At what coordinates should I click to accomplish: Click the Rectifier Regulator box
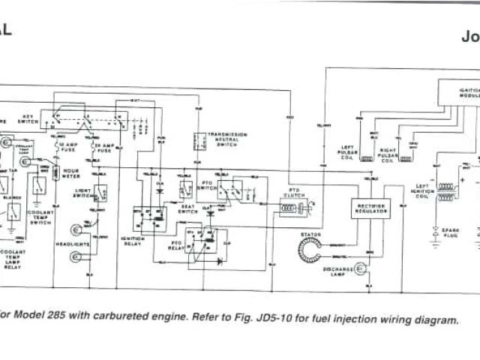(x=371, y=208)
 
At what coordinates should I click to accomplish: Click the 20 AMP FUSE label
(x=103, y=144)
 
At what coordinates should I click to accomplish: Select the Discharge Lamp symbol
(x=360, y=266)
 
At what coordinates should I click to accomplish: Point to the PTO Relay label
(x=175, y=244)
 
